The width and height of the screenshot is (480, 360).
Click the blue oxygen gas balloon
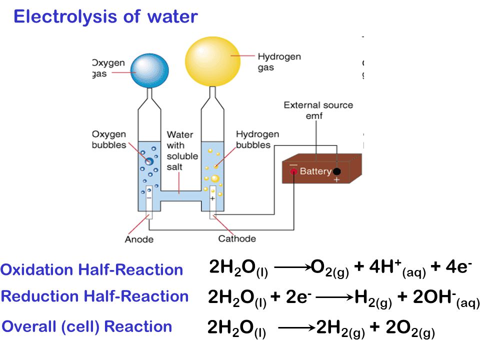click(x=149, y=70)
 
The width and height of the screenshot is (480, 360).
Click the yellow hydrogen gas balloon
click(x=213, y=61)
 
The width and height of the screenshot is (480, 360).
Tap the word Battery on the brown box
click(x=315, y=171)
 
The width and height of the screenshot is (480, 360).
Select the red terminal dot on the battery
click(x=293, y=171)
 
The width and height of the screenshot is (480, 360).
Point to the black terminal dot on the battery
click(x=336, y=171)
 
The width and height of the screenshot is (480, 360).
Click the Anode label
click(x=139, y=239)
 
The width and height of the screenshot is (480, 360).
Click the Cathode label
click(x=237, y=238)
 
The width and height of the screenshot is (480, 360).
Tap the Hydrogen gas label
click(x=279, y=62)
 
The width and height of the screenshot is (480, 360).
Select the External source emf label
click(x=318, y=110)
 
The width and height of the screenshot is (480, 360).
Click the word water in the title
click(x=172, y=16)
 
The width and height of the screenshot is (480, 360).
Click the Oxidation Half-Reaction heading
click(x=91, y=269)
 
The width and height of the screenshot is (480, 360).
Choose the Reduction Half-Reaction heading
click(x=94, y=296)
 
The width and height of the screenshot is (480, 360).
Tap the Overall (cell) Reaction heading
click(x=87, y=326)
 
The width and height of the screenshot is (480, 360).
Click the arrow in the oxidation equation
click(x=293, y=267)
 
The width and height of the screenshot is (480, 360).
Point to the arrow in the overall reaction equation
click(x=297, y=328)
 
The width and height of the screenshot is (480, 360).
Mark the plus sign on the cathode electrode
click(x=212, y=198)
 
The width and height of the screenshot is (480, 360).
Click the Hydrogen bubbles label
click(x=257, y=139)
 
